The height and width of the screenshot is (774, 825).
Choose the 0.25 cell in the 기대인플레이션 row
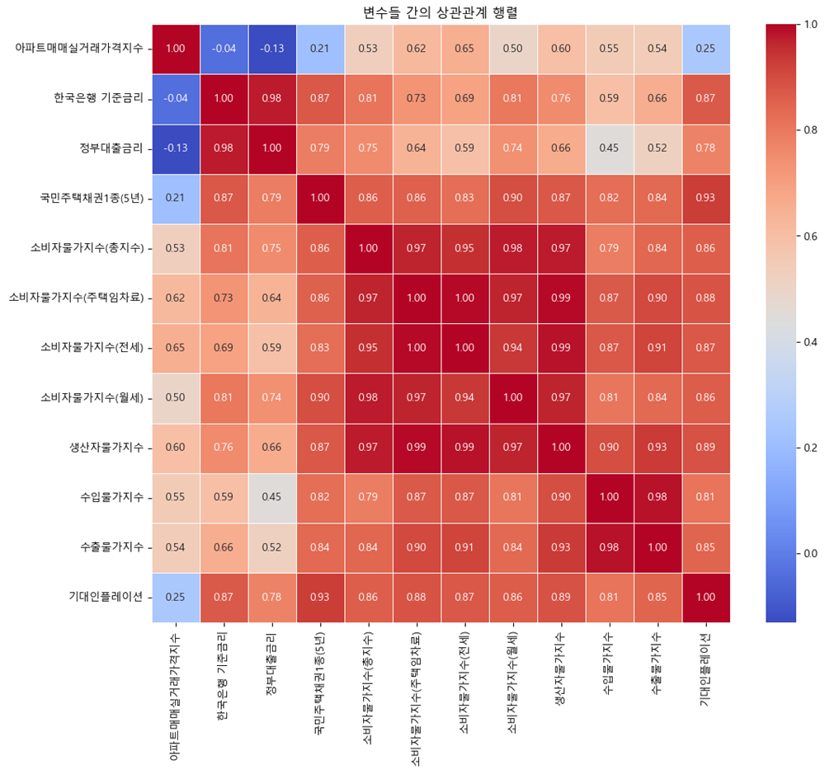click(x=176, y=597)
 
